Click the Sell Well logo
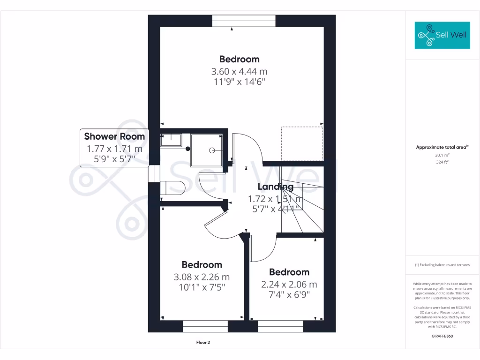click(442, 35)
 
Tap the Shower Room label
click(114, 136)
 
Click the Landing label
click(275, 187)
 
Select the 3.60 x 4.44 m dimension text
click(239, 72)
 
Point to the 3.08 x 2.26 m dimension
click(202, 277)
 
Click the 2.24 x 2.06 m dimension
click(289, 285)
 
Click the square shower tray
click(206, 150)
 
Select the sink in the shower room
click(171, 140)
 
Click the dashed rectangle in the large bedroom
click(302, 143)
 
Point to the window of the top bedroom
click(243, 21)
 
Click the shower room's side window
click(152, 173)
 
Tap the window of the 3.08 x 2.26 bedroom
click(205, 326)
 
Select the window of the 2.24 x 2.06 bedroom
click(280, 326)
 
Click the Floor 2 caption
click(203, 343)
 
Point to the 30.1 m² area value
click(442, 155)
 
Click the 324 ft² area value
click(442, 162)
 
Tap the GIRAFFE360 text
click(442, 336)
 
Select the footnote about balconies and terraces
click(442, 265)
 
